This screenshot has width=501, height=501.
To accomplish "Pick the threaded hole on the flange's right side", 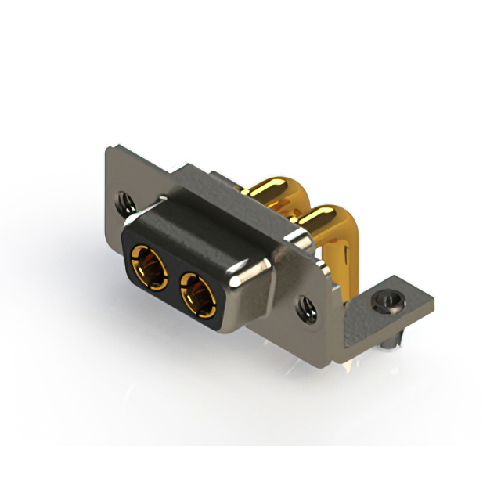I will [x=305, y=308].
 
